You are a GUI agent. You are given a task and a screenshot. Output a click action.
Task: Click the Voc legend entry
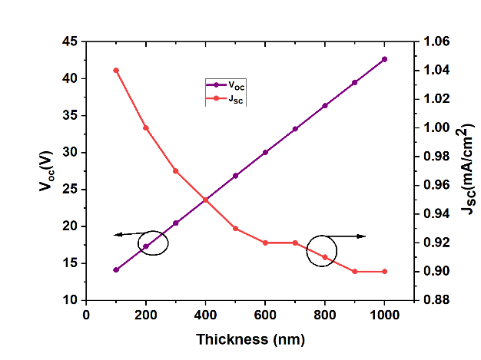coord(226,85)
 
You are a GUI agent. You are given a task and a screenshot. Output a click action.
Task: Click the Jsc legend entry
coord(226,98)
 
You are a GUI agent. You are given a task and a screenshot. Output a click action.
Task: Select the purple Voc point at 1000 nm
coord(384,59)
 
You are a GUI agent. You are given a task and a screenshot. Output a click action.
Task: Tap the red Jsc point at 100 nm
coord(116,71)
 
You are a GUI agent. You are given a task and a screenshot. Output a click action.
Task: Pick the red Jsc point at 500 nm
coord(235,229)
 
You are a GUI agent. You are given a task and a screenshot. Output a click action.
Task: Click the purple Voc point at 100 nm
coord(116,270)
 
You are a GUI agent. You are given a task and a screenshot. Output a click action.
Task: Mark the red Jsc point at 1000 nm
coord(384,272)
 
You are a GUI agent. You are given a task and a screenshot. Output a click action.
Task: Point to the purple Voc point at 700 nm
coord(295,129)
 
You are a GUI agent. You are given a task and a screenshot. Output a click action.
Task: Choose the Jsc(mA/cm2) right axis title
coord(466,170)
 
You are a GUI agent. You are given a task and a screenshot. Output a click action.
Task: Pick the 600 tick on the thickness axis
coord(265,314)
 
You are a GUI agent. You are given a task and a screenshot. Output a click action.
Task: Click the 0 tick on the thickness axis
coord(86,314)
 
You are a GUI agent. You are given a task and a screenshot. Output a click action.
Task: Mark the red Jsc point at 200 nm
coord(146,127)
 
